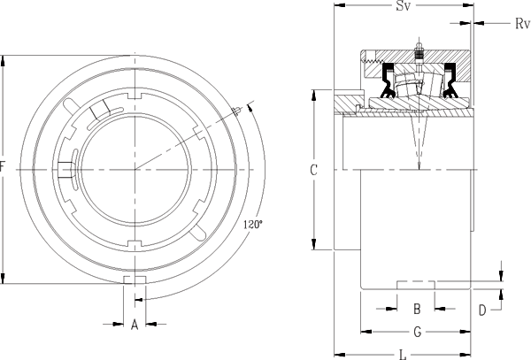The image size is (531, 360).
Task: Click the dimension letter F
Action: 4,166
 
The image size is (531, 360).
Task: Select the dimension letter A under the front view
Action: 135,325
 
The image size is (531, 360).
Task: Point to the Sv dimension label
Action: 402,7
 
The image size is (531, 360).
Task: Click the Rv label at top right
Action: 521,23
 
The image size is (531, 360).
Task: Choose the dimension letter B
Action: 416,309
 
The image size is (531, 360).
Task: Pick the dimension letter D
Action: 482,309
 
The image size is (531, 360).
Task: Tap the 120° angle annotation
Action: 252,226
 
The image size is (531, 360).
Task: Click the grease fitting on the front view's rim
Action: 238,111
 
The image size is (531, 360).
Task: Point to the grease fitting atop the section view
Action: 418,50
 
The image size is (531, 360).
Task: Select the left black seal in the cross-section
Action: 388,83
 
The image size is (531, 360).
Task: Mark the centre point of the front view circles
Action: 135,168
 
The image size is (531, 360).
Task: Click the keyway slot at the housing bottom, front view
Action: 135,280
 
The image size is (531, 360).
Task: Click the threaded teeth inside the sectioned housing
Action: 377,61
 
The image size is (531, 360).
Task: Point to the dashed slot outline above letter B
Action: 416,283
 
